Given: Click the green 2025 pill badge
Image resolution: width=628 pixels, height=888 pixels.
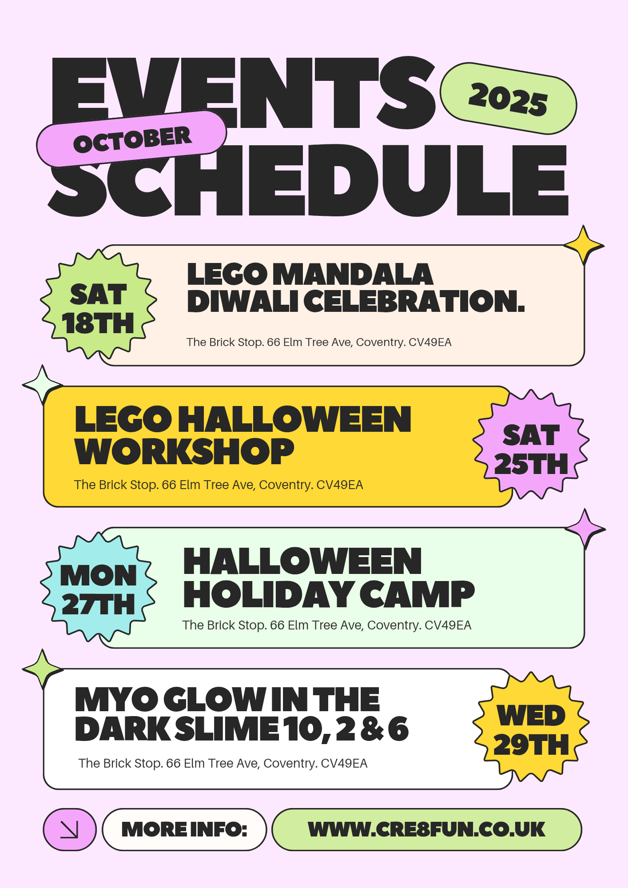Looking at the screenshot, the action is point(508,99).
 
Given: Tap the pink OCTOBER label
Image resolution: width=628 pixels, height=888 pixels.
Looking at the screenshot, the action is point(132,139).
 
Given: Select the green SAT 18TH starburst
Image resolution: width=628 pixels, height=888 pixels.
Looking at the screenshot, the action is point(98,305).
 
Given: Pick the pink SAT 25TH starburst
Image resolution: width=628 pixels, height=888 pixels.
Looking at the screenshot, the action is point(531,445).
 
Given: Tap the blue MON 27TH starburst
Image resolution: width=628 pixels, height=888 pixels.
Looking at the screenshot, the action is point(98,587).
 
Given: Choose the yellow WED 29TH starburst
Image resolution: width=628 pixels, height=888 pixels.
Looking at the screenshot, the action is point(531,727).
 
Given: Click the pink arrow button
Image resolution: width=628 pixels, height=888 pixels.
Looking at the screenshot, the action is point(70,829).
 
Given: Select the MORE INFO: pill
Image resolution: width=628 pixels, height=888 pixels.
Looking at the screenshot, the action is point(184,829).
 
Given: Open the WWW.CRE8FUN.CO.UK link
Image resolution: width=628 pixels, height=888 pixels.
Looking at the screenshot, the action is point(427,829).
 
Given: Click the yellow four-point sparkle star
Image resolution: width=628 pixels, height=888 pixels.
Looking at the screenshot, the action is point(584,245).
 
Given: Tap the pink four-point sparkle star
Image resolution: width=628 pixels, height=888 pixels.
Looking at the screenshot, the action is point(585,529).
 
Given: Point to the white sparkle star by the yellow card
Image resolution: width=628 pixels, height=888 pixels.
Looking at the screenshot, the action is point(42,385).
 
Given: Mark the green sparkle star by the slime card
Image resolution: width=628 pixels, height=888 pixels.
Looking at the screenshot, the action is point(43,669).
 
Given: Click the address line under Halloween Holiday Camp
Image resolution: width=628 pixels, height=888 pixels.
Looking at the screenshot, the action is point(327,625).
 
